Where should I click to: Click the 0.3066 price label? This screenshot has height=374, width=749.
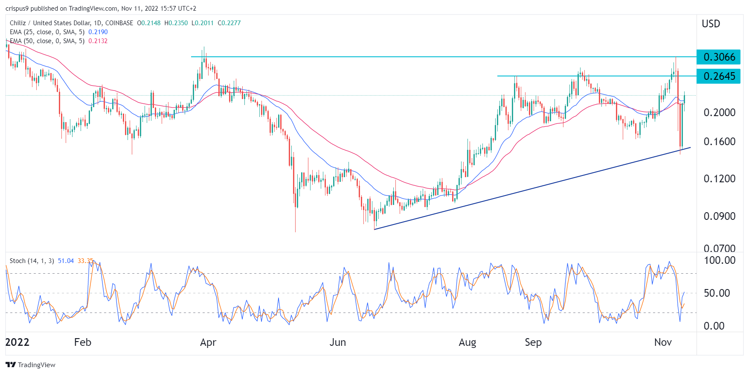coord(719,57)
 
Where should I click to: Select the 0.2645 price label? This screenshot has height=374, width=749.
coord(719,76)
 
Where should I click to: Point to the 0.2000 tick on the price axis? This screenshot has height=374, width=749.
coord(720,112)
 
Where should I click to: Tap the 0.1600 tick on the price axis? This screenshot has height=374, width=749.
coord(720,141)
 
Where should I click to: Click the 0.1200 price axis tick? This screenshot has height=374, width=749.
coord(720,178)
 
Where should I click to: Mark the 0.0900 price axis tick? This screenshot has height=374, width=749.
coord(720,216)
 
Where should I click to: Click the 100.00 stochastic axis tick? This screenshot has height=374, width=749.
coord(720,260)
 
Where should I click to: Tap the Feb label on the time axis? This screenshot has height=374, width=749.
coord(83,342)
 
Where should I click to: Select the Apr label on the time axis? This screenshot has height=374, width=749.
coord(208,342)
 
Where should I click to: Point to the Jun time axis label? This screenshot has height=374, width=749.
coord(338,342)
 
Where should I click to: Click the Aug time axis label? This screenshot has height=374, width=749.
coord(467,342)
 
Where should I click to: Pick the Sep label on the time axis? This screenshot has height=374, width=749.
coord(533,342)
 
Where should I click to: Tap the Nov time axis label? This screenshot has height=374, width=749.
coord(663,342)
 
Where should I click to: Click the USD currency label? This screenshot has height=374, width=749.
coord(711,23)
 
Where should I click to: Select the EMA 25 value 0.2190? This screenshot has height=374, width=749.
coord(98,32)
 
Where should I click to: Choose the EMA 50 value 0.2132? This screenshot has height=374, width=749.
coord(98,41)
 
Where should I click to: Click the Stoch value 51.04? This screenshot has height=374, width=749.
coord(66,261)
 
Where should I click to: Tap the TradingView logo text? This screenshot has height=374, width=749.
coord(37,365)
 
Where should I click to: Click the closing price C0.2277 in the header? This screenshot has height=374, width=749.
coord(229,23)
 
